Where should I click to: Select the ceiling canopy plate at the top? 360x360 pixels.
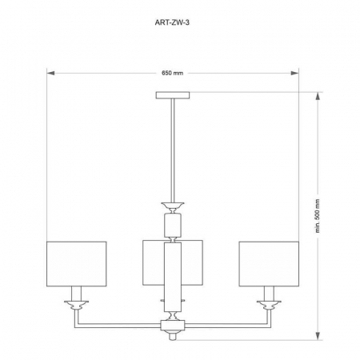pos(174,96)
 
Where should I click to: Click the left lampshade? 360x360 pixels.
pos(77,262)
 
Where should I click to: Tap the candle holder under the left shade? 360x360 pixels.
pos(77,302)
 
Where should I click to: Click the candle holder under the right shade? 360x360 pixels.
pos(269,302)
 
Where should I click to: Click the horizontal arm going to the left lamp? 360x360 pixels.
pos(120,326)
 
